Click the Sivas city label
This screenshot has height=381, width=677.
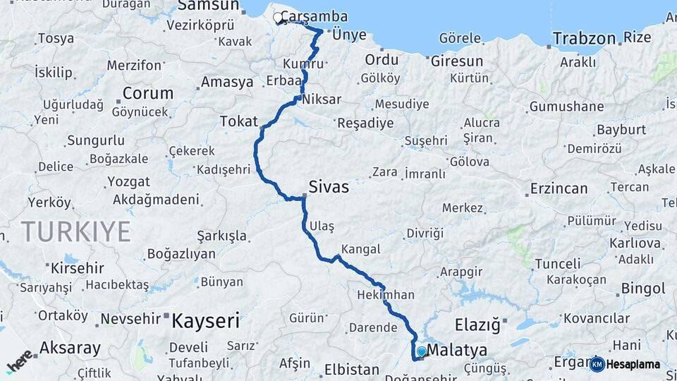tap(329, 189)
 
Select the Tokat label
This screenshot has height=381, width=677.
tap(239, 121)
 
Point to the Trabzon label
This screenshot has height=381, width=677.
tap(584, 38)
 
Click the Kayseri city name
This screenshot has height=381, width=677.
tap(206, 322)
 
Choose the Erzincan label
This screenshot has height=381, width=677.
tap(557, 188)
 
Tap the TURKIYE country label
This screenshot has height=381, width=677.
tap(76, 231)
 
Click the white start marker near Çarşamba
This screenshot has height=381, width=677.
tap(278, 18)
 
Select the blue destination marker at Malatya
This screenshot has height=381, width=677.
tap(421, 351)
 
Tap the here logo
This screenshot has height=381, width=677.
tap(20, 361)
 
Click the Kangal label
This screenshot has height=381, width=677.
tap(360, 249)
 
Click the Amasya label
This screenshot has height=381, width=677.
tap(226, 82)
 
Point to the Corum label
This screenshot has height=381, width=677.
tap(147, 92)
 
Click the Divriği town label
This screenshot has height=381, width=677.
tap(425, 233)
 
